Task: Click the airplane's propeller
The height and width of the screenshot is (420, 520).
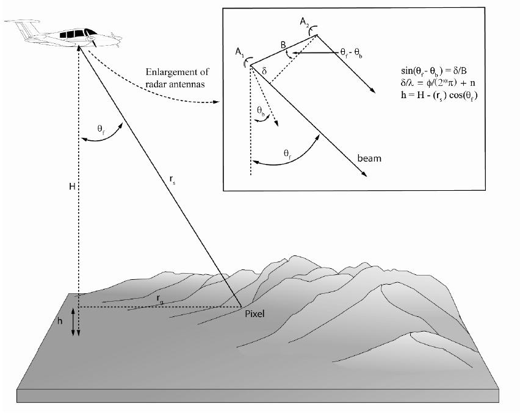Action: coord(93,40)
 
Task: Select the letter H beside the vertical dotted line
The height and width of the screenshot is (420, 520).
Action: coord(72,187)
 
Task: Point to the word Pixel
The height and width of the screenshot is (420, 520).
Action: coord(255,314)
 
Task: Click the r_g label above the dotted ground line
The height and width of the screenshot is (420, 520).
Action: coord(160,299)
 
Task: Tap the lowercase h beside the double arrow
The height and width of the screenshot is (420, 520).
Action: coord(60,321)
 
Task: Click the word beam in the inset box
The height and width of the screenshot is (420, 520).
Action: coord(369,158)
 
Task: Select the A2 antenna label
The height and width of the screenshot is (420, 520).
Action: coord(305,22)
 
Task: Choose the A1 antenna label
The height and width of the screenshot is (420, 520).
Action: coord(240,52)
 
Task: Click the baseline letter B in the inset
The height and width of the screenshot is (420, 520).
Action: coord(283,45)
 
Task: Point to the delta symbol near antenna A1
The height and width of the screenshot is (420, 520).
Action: coord(264,71)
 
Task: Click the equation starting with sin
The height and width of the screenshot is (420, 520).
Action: coord(434,71)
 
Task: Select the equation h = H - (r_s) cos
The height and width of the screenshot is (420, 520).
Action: coord(439,95)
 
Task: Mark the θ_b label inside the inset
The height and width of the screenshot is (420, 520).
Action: coord(261,111)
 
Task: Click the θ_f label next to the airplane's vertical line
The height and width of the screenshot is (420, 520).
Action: coord(101,129)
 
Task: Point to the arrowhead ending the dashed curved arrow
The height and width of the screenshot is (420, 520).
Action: coord(216,102)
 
